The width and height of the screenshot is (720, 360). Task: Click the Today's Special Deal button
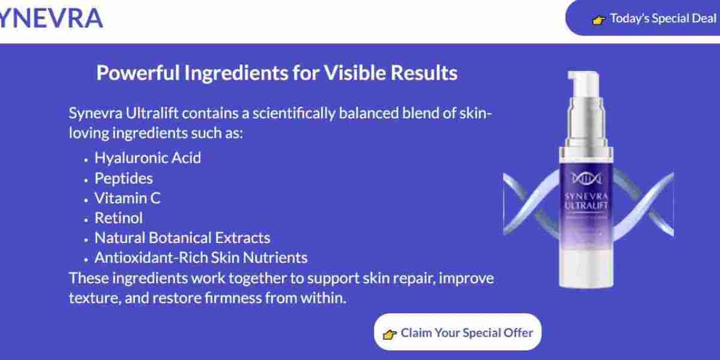click(654, 19)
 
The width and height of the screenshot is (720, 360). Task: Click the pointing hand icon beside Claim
click(390, 334)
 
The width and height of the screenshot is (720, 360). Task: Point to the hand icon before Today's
click(599, 20)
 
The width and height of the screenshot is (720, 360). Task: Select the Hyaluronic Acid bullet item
click(148, 158)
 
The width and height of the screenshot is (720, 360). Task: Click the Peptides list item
click(124, 178)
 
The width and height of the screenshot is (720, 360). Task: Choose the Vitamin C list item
click(127, 198)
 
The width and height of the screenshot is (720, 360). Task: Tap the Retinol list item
click(119, 218)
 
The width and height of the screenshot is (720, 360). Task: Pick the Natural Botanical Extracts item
click(182, 238)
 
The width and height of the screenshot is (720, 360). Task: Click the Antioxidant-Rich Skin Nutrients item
click(201, 257)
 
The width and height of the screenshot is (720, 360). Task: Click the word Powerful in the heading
click(138, 73)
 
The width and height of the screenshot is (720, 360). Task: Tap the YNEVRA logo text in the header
click(51, 19)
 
